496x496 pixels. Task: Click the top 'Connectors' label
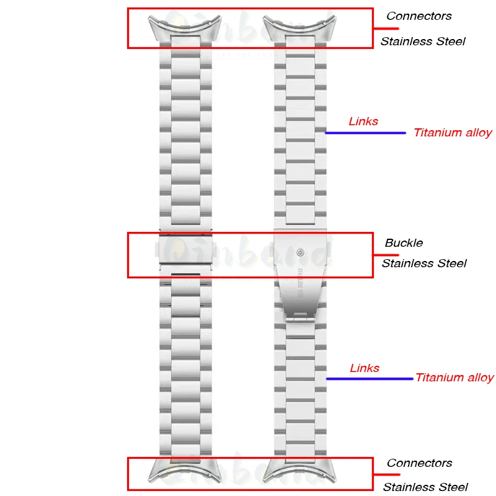coord(418,16)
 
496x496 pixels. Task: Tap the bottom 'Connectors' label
coord(419,463)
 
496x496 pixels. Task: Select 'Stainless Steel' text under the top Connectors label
coord(423,42)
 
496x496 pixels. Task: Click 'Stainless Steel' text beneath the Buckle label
coord(424,263)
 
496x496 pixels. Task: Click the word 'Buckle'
coord(404,242)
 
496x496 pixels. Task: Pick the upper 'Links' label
coord(363,122)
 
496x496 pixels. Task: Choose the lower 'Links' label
coord(365,368)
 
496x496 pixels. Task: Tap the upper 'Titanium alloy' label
coord(453,133)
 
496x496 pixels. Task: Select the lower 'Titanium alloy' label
coord(454,378)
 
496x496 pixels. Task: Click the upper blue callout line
coord(365,133)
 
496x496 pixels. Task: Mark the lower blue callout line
coord(370,378)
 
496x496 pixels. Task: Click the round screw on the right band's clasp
coord(300,252)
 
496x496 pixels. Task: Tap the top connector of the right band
coord(299,29)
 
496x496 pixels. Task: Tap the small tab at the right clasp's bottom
coord(300,317)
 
